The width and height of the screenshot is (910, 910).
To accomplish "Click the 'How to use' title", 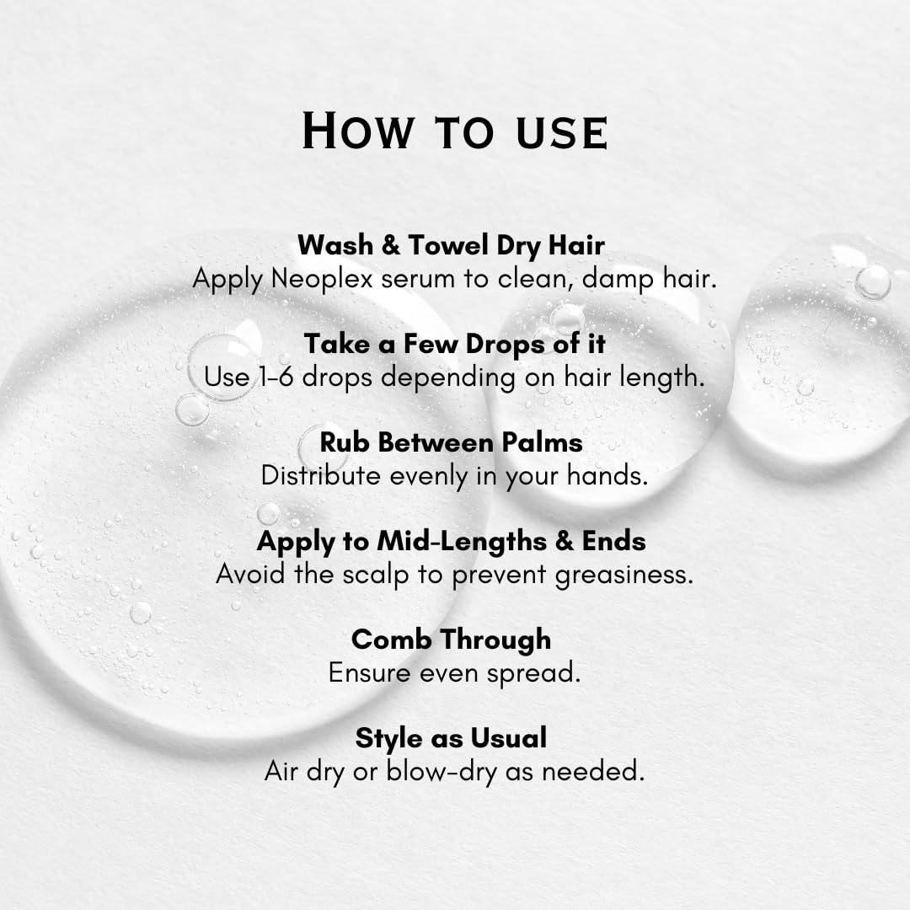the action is (455, 131).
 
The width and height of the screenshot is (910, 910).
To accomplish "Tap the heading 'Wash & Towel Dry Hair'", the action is (451, 245).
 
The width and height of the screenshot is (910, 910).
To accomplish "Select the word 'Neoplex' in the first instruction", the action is (322, 279).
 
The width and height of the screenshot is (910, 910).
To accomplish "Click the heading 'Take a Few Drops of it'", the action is (454, 344).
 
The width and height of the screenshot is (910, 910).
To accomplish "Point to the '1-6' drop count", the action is (276, 377).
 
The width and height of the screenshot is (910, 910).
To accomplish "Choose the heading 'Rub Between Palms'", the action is (451, 442).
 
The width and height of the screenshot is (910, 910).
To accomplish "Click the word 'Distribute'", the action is (321, 476).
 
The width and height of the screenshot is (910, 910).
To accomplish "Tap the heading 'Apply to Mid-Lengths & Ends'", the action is (451, 542).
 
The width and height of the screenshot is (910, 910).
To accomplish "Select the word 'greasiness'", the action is (624, 575).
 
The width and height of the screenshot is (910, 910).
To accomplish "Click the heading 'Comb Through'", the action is (451, 640).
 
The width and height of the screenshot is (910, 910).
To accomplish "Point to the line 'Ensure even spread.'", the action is (454, 673).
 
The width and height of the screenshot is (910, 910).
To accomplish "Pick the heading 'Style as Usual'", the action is (451, 738).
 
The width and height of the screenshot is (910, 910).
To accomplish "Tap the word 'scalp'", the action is (376, 575).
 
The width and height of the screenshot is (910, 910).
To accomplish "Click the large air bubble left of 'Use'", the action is (222, 367).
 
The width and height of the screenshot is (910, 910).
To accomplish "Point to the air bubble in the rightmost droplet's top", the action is (872, 282).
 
